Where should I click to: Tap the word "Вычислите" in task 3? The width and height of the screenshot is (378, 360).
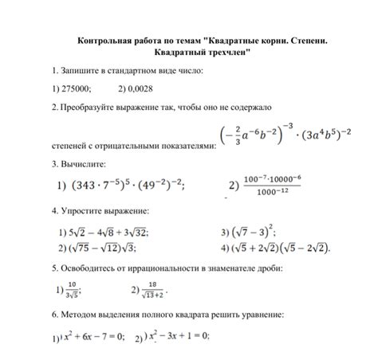[x=83, y=165]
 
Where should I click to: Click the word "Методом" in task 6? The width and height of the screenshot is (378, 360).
[x=77, y=316]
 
